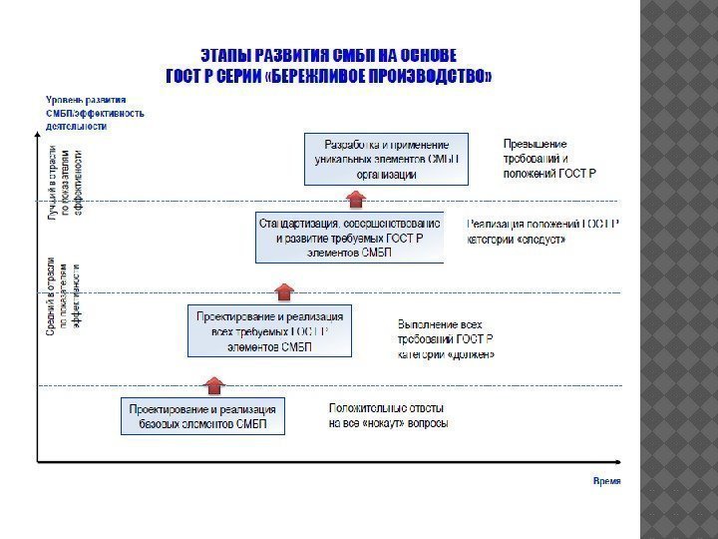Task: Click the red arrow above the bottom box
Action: pos(213,384)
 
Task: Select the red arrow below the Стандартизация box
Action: pos(286,290)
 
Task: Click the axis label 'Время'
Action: pos(606,481)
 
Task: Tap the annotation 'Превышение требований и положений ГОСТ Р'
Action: pos(548,159)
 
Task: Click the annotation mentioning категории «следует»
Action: pos(543,232)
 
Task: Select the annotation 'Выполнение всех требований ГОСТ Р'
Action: pos(446,339)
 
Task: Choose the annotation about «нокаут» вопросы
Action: pos(388,415)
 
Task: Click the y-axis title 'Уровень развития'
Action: pos(86,100)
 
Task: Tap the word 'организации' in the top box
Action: pos(385,175)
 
